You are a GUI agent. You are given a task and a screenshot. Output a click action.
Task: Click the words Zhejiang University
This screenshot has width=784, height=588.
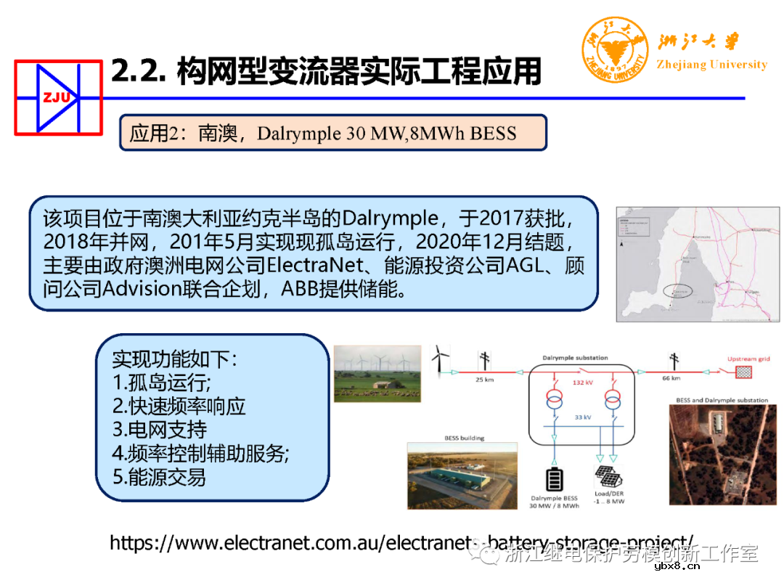[x=711, y=65]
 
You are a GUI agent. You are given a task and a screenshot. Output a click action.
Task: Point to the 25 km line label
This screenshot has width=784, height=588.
[x=484, y=378]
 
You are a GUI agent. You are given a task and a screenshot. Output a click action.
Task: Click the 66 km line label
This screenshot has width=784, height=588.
[x=671, y=378]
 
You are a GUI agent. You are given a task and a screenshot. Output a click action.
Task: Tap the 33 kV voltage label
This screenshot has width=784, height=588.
[x=582, y=418]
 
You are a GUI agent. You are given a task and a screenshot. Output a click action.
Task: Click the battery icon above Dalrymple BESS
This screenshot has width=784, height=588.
[x=555, y=480]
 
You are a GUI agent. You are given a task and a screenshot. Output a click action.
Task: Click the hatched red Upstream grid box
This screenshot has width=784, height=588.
[x=744, y=372]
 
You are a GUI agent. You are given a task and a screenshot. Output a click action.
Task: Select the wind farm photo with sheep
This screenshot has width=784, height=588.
[x=377, y=373]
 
